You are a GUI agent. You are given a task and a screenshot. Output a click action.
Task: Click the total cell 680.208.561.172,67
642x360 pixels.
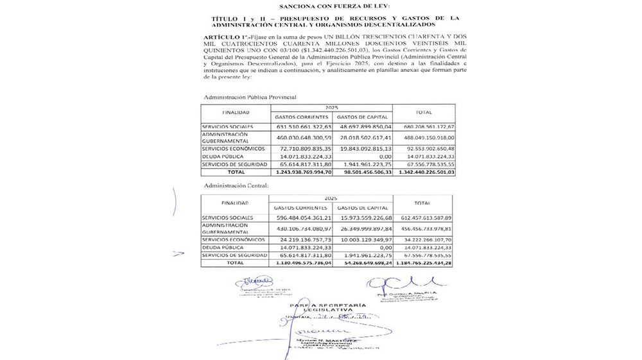tap(424, 127)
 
